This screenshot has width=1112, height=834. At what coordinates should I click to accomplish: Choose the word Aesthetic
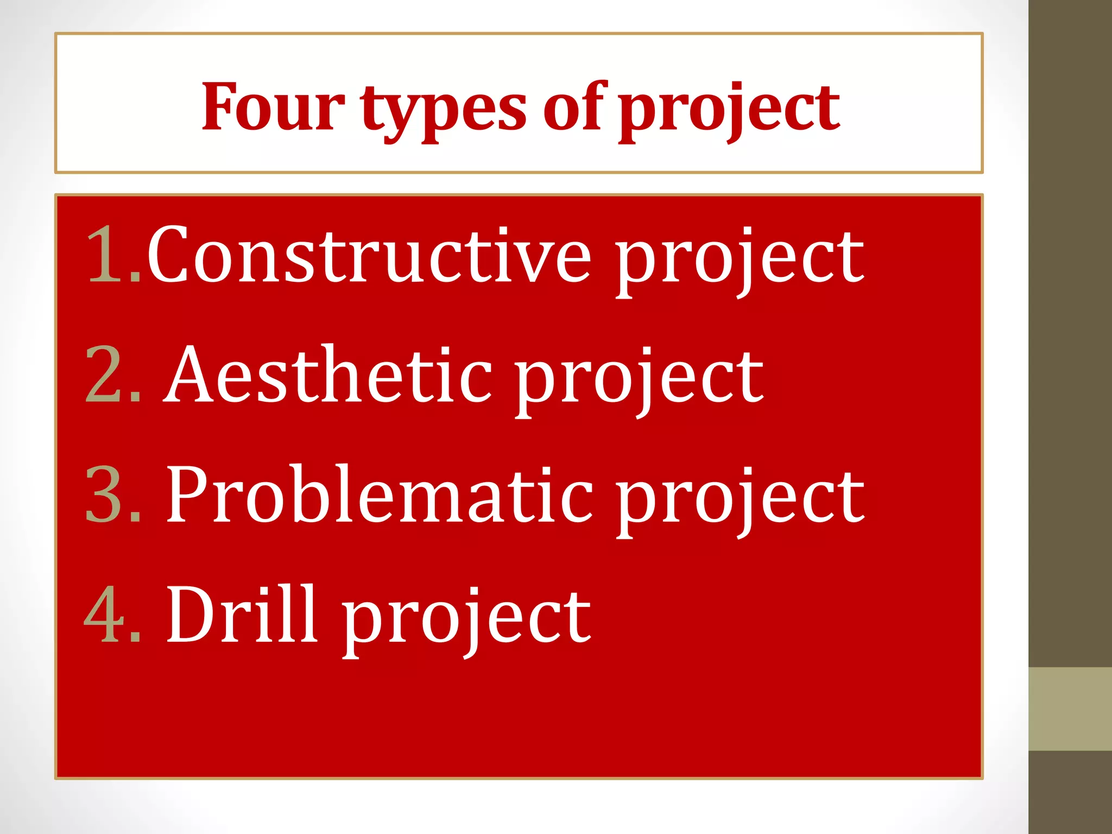329,375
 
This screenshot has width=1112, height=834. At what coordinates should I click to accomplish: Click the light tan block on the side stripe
1070,709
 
